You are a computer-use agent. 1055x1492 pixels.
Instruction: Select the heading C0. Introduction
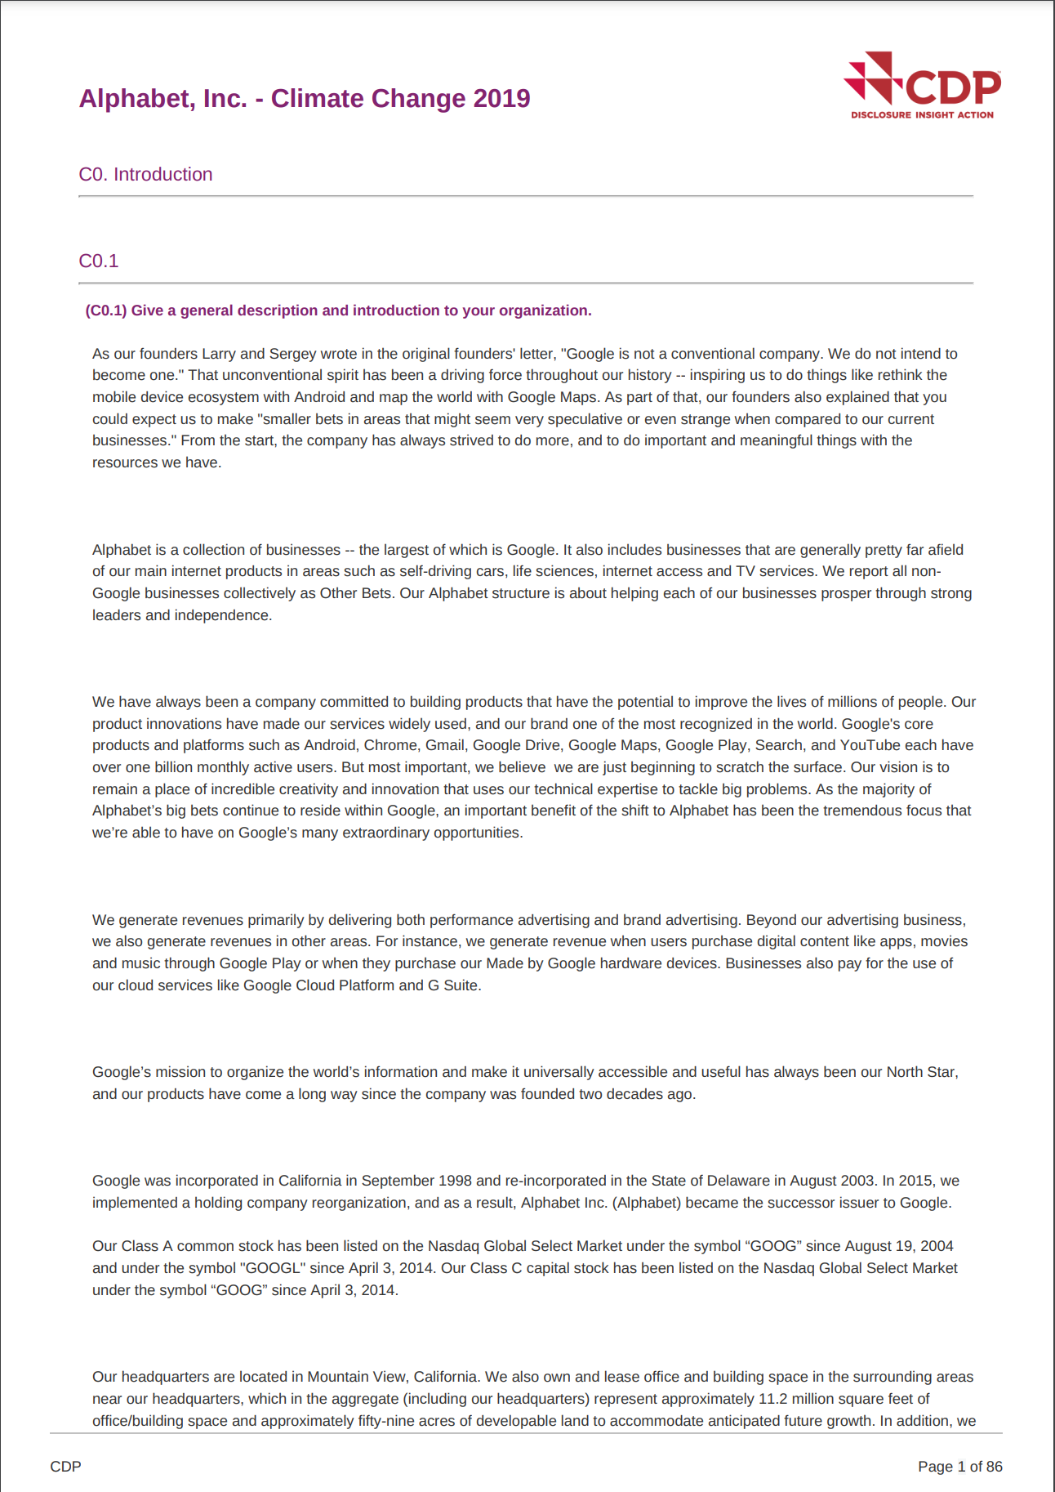point(145,175)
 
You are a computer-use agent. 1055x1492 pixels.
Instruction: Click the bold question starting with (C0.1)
point(338,310)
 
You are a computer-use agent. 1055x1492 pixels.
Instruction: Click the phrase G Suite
point(452,985)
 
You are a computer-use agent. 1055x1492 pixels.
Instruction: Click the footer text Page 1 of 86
point(959,1467)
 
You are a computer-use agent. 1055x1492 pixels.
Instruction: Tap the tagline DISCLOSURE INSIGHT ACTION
point(922,115)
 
